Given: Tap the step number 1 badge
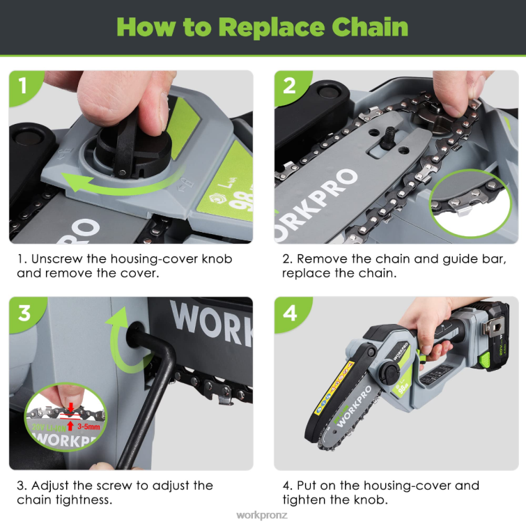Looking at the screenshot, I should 23,86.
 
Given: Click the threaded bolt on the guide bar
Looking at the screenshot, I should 385,137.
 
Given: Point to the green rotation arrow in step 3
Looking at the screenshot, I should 125,345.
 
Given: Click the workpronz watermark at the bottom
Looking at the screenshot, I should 262,516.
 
